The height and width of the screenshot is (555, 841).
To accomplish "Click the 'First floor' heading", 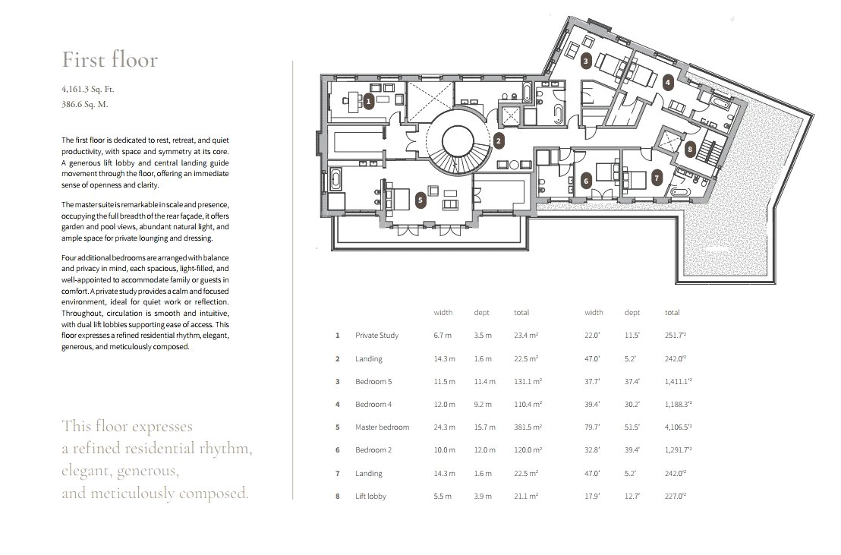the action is (110, 59).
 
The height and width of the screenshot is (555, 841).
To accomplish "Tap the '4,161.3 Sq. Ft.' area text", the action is (88, 89).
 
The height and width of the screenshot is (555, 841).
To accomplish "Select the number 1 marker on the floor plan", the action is (368, 101).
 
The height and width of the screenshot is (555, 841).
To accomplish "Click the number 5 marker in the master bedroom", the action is (420, 200).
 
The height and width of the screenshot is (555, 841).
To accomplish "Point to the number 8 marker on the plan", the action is (690, 150).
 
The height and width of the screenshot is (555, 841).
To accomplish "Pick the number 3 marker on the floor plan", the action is (586, 61).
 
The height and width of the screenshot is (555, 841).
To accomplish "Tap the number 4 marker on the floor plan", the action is (668, 82).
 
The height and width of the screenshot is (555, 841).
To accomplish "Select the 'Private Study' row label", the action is (376, 336).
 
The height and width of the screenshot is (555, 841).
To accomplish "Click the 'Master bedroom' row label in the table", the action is (382, 427).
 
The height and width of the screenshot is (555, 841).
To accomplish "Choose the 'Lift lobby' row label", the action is (370, 497).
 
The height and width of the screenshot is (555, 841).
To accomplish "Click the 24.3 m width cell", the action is (444, 427).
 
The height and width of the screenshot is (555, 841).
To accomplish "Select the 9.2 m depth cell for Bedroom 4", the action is (482, 404).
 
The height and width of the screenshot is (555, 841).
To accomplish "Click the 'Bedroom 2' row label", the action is (373, 449).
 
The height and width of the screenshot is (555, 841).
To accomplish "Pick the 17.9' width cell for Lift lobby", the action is (592, 497).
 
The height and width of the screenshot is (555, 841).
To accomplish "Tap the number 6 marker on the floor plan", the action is (586, 181).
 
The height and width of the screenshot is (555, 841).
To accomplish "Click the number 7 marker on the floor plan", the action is (657, 178).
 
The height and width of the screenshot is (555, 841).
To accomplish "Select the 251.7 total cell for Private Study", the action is (676, 336).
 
